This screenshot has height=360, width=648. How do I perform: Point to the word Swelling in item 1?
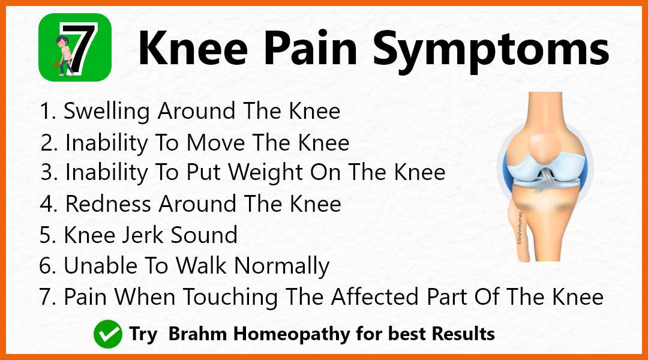[x=106, y=112]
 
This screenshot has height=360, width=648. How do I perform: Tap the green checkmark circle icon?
[x=108, y=334]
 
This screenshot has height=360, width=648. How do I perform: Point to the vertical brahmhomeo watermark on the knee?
[x=520, y=228]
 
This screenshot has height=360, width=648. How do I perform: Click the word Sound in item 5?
[x=204, y=235]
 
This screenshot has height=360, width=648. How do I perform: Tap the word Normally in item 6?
[x=282, y=266]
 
